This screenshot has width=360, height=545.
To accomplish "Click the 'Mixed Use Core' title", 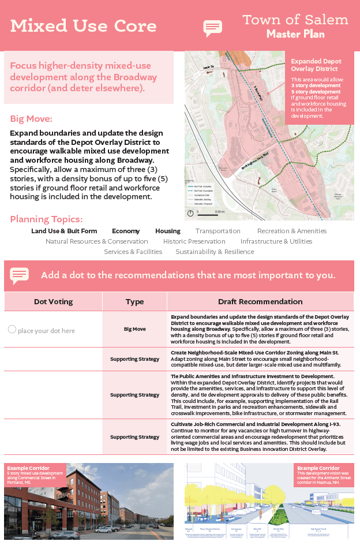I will [83, 26].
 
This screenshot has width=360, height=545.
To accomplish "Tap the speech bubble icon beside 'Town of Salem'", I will [212, 28].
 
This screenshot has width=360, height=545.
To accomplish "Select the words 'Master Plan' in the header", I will [295, 34].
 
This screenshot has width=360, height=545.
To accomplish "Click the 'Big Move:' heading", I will [31, 119].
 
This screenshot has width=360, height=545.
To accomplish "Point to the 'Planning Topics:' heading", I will [46, 219].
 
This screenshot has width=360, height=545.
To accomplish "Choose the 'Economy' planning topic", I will [126, 231].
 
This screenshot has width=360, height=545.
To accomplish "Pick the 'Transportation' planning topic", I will [217, 231].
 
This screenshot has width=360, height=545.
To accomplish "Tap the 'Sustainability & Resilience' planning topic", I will [215, 252].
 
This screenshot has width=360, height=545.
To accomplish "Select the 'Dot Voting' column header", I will [53, 301].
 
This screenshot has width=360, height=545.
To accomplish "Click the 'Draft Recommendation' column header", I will [260, 301].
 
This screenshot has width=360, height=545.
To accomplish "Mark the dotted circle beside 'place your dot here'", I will [12, 329].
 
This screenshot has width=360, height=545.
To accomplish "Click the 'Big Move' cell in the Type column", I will [134, 329].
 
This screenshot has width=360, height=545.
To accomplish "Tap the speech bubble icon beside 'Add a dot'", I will [19, 275].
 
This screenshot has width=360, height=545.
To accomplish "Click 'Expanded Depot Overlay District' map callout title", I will [316, 65].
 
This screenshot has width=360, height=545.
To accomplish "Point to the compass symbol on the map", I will [190, 213].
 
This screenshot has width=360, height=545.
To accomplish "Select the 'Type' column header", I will [134, 301].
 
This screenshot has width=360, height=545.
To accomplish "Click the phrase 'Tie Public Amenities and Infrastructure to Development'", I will [252, 376].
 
